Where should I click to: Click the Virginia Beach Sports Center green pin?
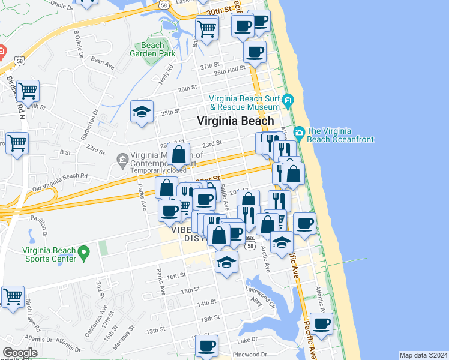[84, 250]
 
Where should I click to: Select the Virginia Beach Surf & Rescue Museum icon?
[288, 100]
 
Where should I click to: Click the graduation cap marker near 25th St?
[142, 112]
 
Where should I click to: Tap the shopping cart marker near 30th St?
[206, 28]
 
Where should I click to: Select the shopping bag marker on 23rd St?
[179, 155]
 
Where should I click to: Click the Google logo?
[20, 353]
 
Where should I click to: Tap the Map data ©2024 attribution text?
[423, 355]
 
